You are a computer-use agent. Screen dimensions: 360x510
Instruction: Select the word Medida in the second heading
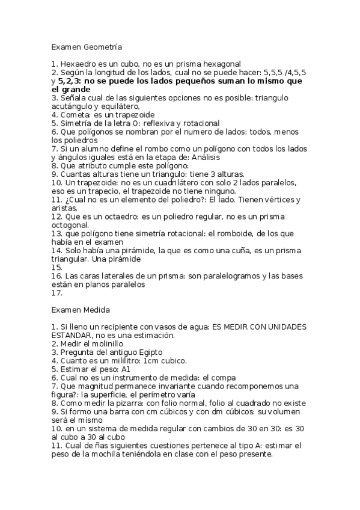pyautogui.click(x=96, y=310)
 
